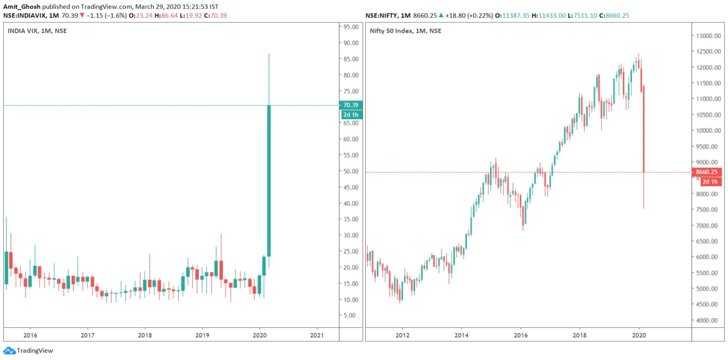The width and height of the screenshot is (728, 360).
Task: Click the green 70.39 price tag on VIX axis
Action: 351,105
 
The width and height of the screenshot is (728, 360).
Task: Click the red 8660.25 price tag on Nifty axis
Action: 706,172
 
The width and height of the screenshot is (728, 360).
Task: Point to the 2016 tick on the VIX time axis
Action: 30,335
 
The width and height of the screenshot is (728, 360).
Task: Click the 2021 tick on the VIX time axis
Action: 317,335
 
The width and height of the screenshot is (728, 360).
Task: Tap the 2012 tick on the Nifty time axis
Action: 402,335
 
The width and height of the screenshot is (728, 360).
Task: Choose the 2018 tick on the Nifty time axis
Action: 579,335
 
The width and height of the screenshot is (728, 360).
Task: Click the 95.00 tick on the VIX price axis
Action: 351,27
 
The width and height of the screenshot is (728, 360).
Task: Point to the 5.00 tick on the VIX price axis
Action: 349,315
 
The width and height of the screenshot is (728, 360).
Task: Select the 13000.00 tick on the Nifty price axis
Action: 708,36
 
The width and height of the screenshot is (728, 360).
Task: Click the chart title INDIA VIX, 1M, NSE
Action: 37,31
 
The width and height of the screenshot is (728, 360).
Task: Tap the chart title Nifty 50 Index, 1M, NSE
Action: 405,31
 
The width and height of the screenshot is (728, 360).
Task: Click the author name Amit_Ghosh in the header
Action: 22,7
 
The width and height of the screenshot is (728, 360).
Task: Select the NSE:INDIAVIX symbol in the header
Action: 25,15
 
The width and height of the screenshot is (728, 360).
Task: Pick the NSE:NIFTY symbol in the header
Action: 381,15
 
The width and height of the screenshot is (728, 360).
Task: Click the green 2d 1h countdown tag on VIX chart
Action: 351,115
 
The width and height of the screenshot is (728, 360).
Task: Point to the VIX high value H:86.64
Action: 166,15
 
